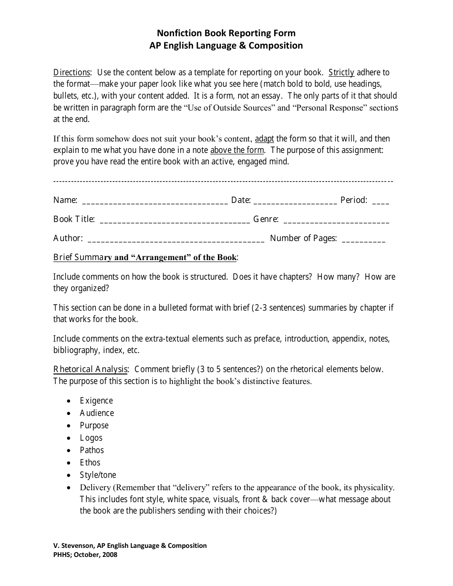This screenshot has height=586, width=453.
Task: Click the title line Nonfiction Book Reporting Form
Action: click(226, 33)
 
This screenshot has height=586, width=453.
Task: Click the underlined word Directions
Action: click(72, 73)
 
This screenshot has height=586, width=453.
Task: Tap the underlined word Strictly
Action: click(341, 73)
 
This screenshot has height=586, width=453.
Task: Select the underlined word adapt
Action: click(265, 139)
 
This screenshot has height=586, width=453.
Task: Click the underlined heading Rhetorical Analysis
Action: click(91, 369)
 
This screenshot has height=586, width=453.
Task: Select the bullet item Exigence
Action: click(96, 401)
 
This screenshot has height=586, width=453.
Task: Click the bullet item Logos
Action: click(91, 438)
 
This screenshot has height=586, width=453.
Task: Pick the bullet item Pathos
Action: click(92, 450)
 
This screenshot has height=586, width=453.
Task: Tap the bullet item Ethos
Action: click(90, 463)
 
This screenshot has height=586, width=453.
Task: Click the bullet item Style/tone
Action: click(98, 475)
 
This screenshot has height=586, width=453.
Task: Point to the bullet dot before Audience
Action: click(70, 413)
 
